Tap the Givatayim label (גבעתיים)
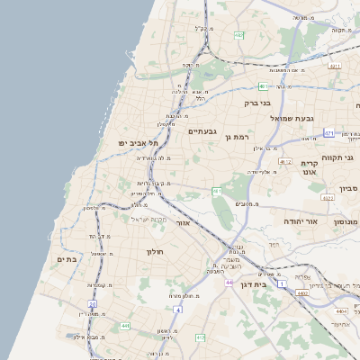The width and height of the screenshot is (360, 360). click(x=202, y=131)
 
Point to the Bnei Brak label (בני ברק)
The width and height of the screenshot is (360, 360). click(x=257, y=103)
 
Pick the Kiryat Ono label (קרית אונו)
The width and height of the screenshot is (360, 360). click(x=310, y=167)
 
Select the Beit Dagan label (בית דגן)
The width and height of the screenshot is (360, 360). click(x=256, y=283)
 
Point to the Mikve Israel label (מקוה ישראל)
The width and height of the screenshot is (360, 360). click(x=150, y=220)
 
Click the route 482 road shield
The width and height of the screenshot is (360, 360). click(x=238, y=35)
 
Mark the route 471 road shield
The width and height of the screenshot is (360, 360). click(x=329, y=133)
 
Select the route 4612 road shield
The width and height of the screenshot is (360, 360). click(x=285, y=162)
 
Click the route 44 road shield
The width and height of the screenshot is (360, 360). click(x=229, y=283)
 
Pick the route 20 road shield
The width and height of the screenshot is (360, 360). click(x=92, y=304)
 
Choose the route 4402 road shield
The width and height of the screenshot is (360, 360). click(x=302, y=292)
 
